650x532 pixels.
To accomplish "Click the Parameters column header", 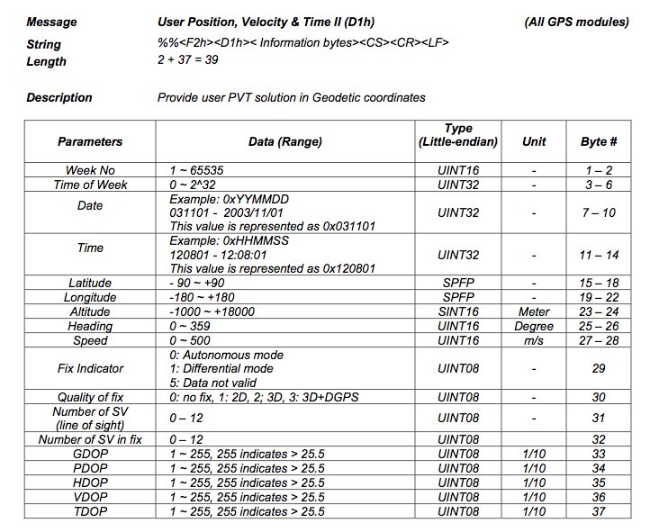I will (90, 141).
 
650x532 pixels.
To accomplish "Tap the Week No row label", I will (90, 170).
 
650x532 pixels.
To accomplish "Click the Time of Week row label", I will (90, 185).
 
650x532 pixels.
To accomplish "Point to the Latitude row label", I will (90, 283).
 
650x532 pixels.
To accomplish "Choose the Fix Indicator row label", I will (90, 368).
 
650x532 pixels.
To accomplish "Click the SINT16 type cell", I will (458, 311).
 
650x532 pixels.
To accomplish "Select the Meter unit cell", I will (534, 311).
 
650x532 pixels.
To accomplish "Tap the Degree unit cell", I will (534, 326).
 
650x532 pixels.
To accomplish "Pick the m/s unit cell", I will (534, 340).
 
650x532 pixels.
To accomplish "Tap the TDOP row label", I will (90, 511).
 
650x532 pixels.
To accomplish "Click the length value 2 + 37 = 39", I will (187, 60).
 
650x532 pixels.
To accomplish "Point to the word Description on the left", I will (59, 97).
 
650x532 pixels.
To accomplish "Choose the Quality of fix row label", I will (90, 397).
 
